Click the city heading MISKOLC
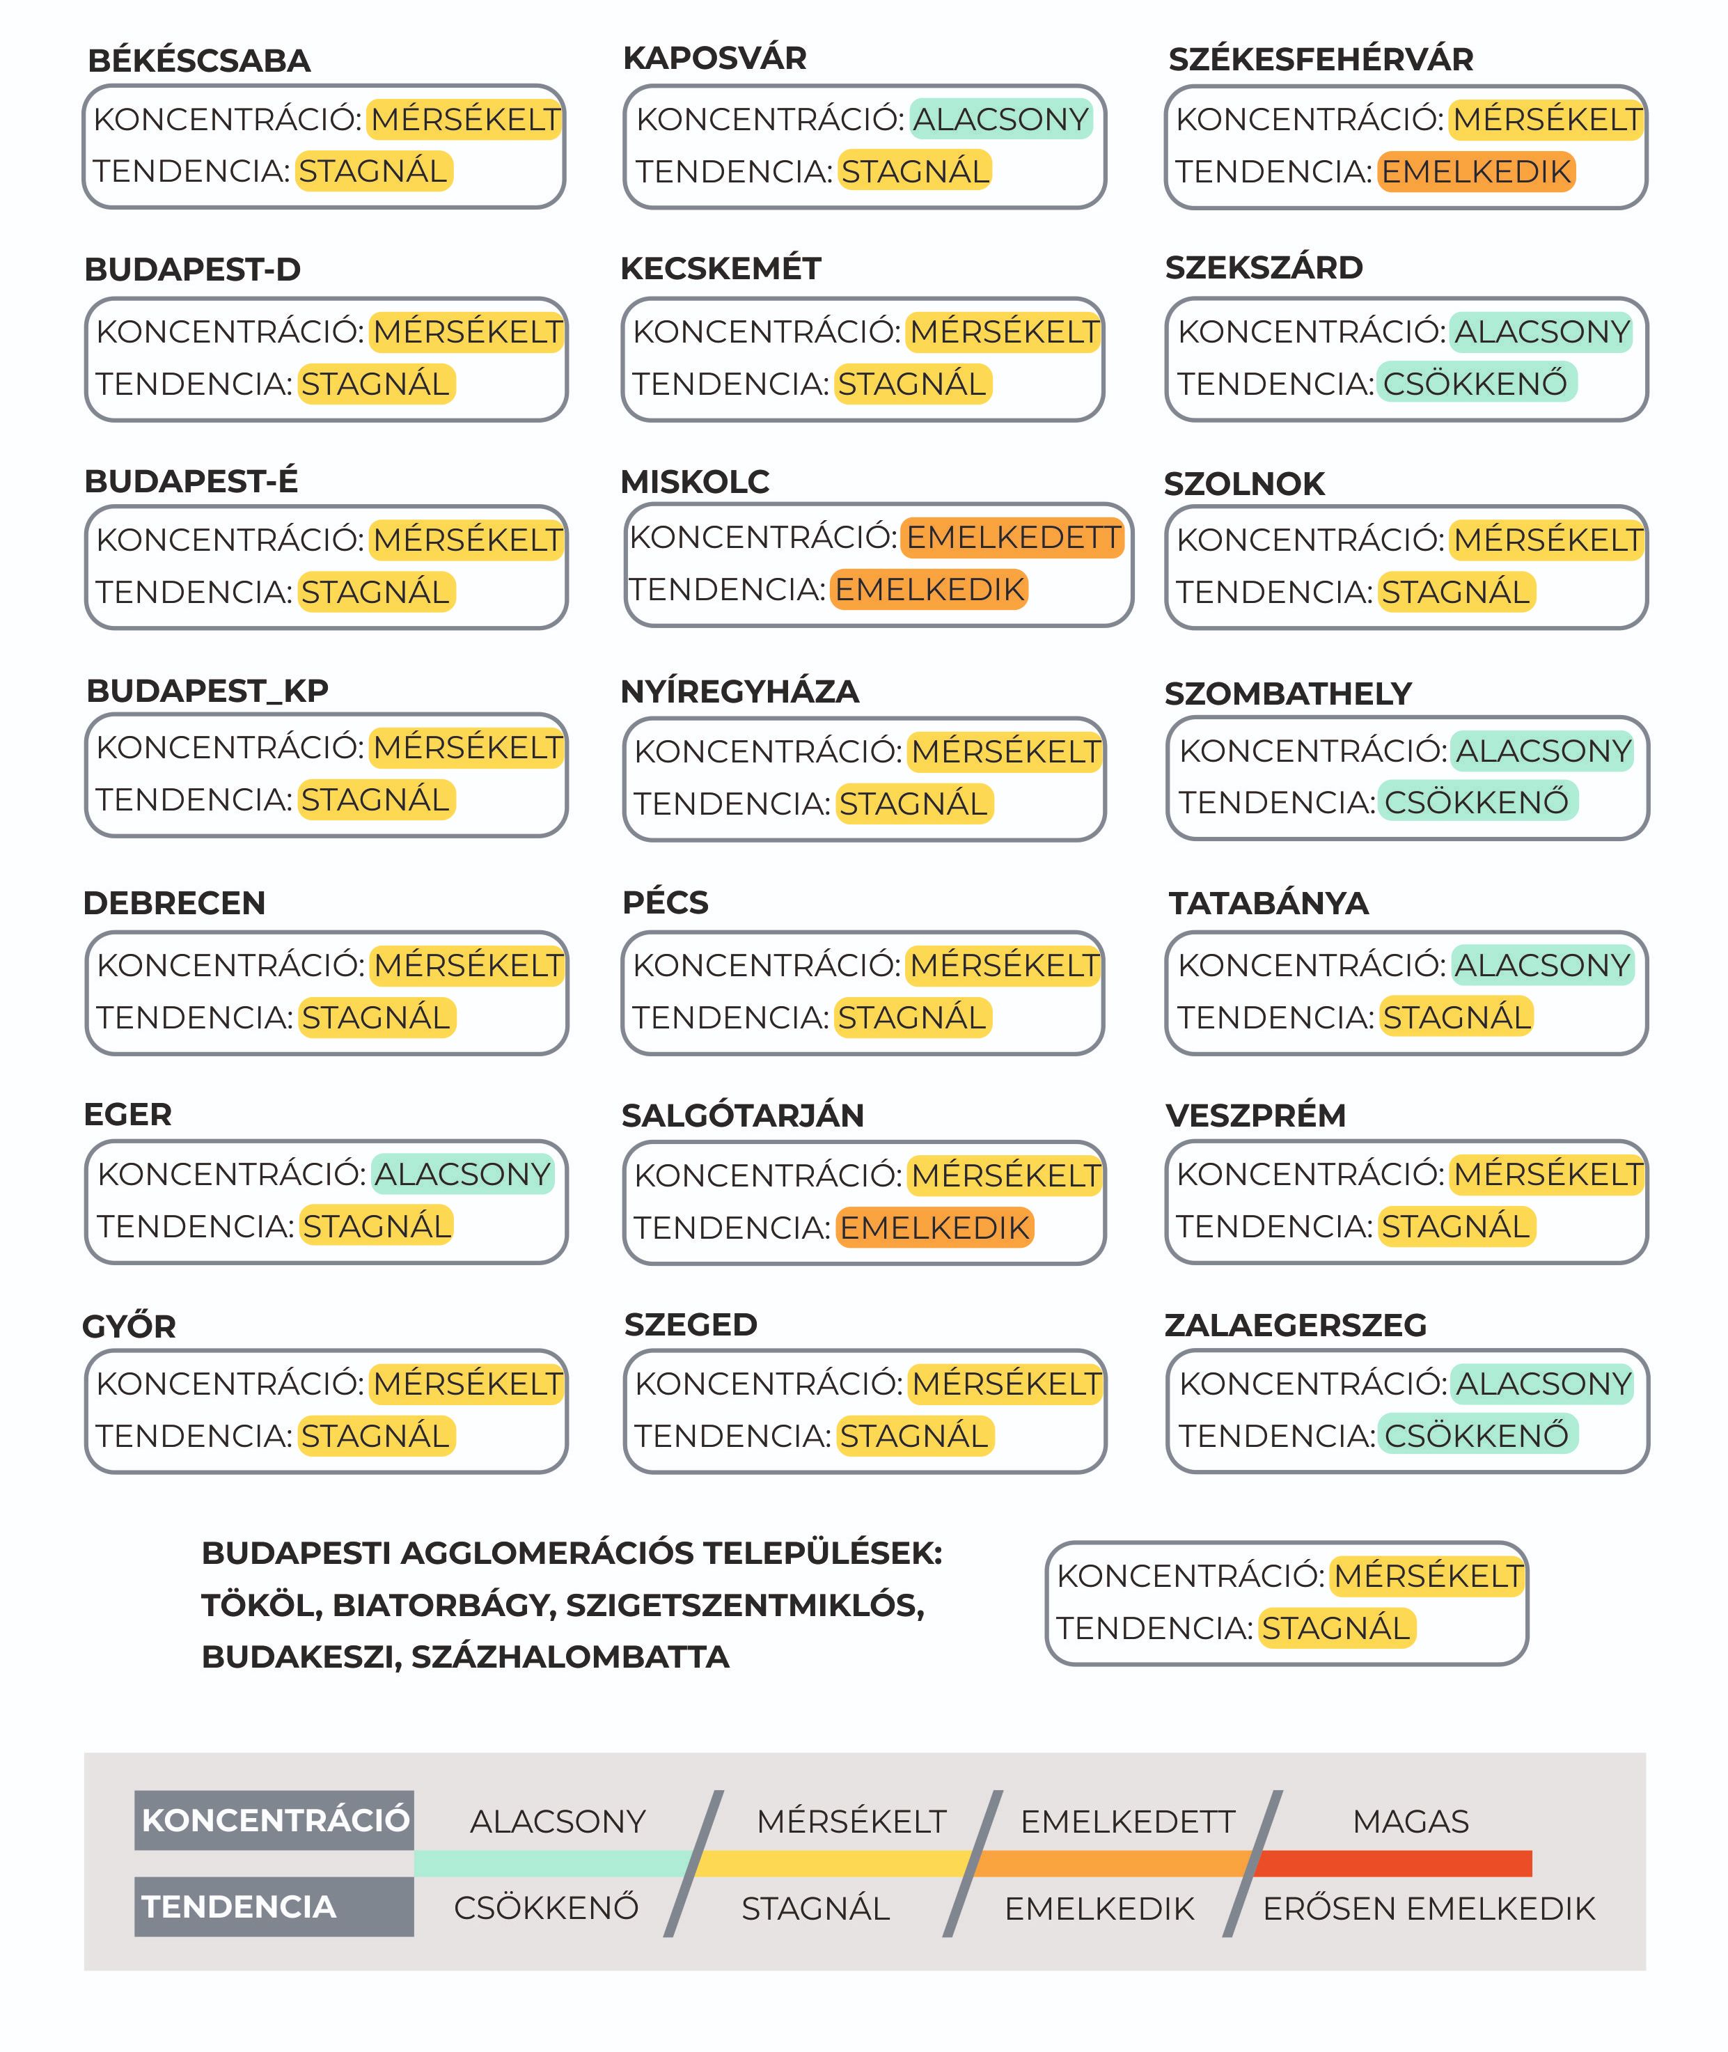695,482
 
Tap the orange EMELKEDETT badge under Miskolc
1012,538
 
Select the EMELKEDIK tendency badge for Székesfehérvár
1476,171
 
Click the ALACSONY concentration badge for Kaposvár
1000,120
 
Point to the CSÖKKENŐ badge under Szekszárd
1475,383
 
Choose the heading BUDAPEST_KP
207,691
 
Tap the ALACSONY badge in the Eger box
462,1173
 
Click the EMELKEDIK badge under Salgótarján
934,1228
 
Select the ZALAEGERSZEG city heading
1295,1325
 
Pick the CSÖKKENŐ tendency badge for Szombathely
1476,802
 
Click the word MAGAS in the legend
1411,1822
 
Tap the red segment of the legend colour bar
1391,1864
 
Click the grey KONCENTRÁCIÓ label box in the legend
274,1821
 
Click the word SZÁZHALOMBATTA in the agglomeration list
570,1657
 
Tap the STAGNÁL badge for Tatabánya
1456,1018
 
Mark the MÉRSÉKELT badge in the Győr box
467,1384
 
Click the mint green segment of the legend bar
553,1864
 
